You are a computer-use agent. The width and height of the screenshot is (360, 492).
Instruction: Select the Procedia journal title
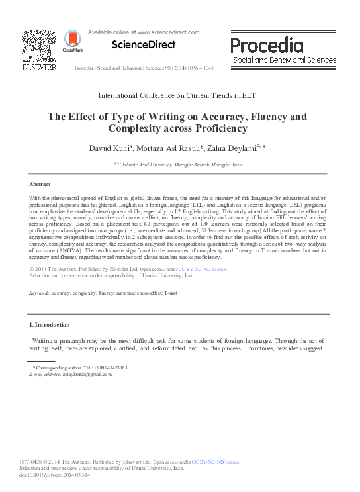click(x=267, y=45)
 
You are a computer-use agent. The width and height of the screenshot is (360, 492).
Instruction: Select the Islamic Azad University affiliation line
click(x=180, y=162)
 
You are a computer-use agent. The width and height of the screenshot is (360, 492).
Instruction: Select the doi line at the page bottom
click(x=55, y=475)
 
